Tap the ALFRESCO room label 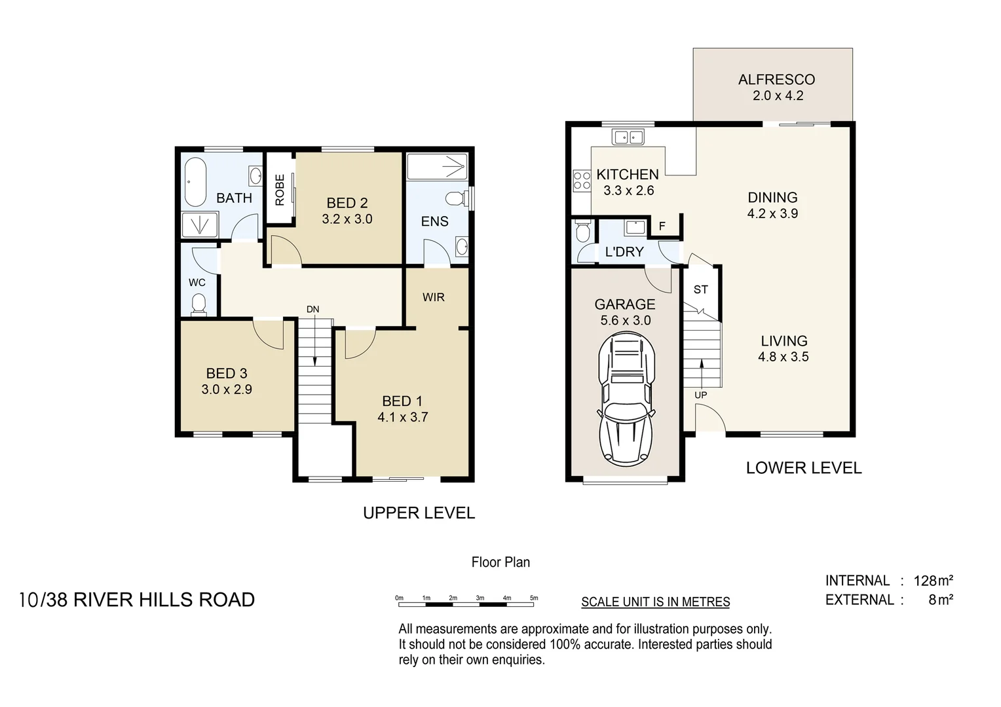776,80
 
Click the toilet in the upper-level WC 198,304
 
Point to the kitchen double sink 628,137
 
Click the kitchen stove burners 582,180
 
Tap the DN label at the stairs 313,309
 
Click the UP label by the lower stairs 701,395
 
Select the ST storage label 701,289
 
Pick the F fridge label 662,227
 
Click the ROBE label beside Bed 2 280,190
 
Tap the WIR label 434,297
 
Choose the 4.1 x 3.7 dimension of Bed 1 402,417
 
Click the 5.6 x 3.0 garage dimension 625,320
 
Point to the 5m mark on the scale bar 534,598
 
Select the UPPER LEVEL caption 419,513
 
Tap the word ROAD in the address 227,600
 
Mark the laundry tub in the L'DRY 634,227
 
